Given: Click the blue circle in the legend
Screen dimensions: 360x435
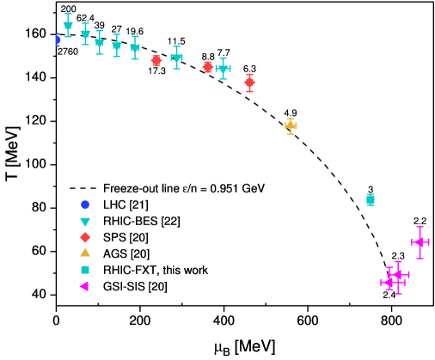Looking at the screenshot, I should [x=85, y=204].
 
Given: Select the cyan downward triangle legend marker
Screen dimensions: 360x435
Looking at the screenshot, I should [x=85, y=222].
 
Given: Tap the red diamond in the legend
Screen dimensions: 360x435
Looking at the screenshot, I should [x=85, y=237].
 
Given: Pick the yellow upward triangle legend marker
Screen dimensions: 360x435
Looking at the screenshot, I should [x=85, y=253].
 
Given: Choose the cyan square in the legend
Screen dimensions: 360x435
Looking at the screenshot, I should [x=85, y=270].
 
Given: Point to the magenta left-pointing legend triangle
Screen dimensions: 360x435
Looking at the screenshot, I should [x=84, y=286].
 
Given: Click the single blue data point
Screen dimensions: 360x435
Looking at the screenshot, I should [x=58, y=40].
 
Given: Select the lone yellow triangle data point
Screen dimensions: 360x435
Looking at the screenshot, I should [x=291, y=126].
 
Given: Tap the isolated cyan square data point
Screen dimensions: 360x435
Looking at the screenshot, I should [x=371, y=200].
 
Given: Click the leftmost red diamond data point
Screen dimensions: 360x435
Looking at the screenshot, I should [x=156, y=61].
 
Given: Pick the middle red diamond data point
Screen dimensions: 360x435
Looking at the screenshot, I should [x=207, y=67].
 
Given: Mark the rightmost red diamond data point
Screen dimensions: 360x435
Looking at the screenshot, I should [x=249, y=82].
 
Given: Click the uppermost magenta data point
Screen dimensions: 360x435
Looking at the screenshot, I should [x=420, y=242].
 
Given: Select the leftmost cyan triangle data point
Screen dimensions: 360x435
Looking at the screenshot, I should [x=68, y=26].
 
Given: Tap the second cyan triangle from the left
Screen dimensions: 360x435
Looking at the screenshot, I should [x=85, y=34].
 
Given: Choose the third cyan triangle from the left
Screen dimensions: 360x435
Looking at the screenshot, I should [x=100, y=42].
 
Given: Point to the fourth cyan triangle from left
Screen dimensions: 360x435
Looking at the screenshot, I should [x=117, y=46].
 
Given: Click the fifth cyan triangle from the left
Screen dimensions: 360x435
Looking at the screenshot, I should [x=135, y=48].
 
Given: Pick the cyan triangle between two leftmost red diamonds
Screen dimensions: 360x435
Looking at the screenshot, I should [x=176, y=58].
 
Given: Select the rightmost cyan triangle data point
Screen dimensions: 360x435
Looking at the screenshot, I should [x=223, y=68].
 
